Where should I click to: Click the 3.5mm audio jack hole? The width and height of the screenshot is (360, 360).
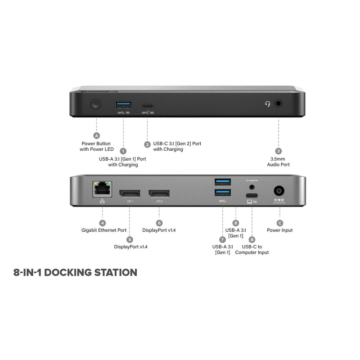point(279,103)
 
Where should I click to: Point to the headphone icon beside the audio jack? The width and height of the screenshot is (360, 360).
point(268,103)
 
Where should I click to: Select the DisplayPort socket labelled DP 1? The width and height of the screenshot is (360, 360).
point(129,193)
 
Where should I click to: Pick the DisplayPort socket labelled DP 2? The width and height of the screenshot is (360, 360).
point(159,193)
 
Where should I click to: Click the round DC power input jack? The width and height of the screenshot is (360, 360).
point(279,191)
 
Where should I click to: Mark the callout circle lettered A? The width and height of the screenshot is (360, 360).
point(96,135)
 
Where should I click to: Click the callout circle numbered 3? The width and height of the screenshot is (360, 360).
point(279,151)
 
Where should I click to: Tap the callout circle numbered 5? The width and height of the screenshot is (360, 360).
point(130,239)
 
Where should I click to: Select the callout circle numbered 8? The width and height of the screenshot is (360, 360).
point(235,223)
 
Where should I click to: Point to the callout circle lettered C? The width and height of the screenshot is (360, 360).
point(280,223)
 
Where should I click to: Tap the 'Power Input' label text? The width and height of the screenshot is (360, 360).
point(280,230)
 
